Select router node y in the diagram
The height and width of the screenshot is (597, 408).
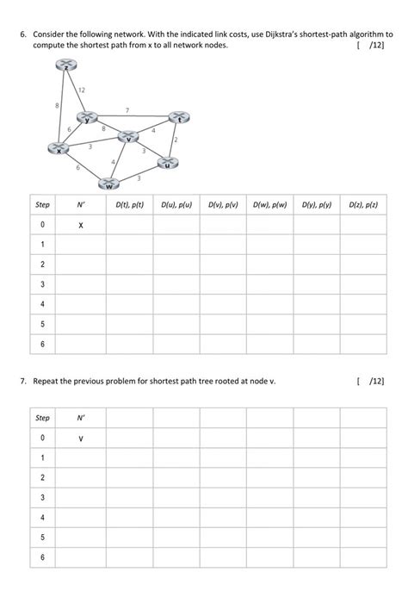pos(86,116)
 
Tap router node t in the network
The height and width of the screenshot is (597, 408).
pos(178,117)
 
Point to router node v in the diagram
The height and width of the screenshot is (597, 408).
pos(127,136)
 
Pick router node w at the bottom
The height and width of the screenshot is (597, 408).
pos(108,182)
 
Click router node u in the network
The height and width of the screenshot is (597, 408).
pos(168,162)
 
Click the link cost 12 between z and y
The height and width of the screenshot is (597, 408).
pos(81,90)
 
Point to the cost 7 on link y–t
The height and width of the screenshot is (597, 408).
pos(127,109)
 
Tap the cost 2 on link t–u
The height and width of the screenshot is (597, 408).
pos(176,140)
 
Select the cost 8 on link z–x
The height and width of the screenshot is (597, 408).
pos(57,105)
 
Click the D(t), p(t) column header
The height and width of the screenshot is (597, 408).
pos(129,205)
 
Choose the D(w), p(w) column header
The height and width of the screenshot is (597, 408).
pos(269,205)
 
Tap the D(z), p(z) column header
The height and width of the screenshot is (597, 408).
pos(363,205)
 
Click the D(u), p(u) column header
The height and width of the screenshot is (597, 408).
pos(176,205)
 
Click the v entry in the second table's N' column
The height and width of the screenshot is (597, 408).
pos(81,438)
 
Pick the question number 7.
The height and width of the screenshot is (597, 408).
pos(25,380)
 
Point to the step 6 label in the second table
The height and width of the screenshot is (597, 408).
pos(41,557)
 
